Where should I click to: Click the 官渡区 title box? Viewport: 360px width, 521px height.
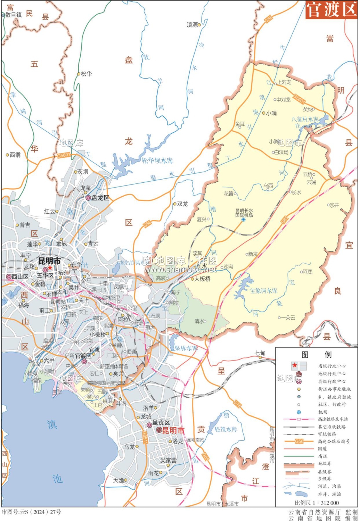[x=331, y=10]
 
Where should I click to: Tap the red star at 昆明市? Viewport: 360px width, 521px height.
[x=50, y=268]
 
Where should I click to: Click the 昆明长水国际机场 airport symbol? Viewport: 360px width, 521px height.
[x=243, y=220]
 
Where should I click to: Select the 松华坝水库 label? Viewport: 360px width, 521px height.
[x=157, y=160]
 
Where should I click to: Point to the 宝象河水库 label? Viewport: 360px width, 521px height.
[x=263, y=291]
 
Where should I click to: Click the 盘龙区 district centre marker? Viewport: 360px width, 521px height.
[x=88, y=198]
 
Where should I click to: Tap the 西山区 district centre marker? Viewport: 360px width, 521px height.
[x=9, y=276]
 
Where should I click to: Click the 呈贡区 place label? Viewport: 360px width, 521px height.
[x=161, y=422]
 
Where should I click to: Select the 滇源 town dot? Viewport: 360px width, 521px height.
[x=199, y=25]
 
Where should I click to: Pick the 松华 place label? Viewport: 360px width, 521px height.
[x=87, y=74]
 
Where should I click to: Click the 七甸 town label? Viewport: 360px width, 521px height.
[x=260, y=353]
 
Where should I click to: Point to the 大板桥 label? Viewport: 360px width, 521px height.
[x=203, y=279]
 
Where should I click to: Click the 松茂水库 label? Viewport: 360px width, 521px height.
[x=226, y=429]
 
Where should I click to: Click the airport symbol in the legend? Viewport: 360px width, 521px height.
[x=298, y=412]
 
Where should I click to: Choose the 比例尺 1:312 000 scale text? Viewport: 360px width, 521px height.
[x=317, y=503]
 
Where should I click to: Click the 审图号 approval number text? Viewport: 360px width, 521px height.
[x=31, y=512]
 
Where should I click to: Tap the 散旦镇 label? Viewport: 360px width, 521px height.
[x=14, y=15]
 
